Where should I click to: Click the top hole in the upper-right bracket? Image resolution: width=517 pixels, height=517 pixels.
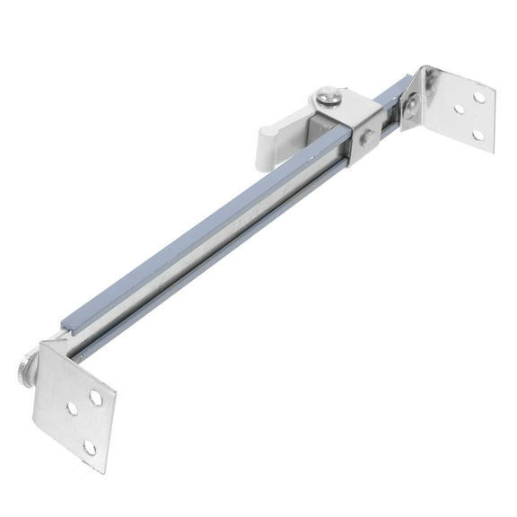(479, 97)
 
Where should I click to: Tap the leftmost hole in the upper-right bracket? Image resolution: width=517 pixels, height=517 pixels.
(459, 110)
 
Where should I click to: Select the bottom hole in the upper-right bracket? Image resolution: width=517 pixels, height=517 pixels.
(477, 135)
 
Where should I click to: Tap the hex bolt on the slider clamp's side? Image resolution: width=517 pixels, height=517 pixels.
(368, 138)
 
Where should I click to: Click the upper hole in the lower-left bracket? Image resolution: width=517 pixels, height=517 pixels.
(95, 398)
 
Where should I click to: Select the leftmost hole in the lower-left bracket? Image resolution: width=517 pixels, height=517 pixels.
(72, 408)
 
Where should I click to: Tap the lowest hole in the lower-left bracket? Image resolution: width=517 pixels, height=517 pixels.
(90, 446)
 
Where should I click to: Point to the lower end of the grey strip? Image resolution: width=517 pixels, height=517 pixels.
(66, 323)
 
